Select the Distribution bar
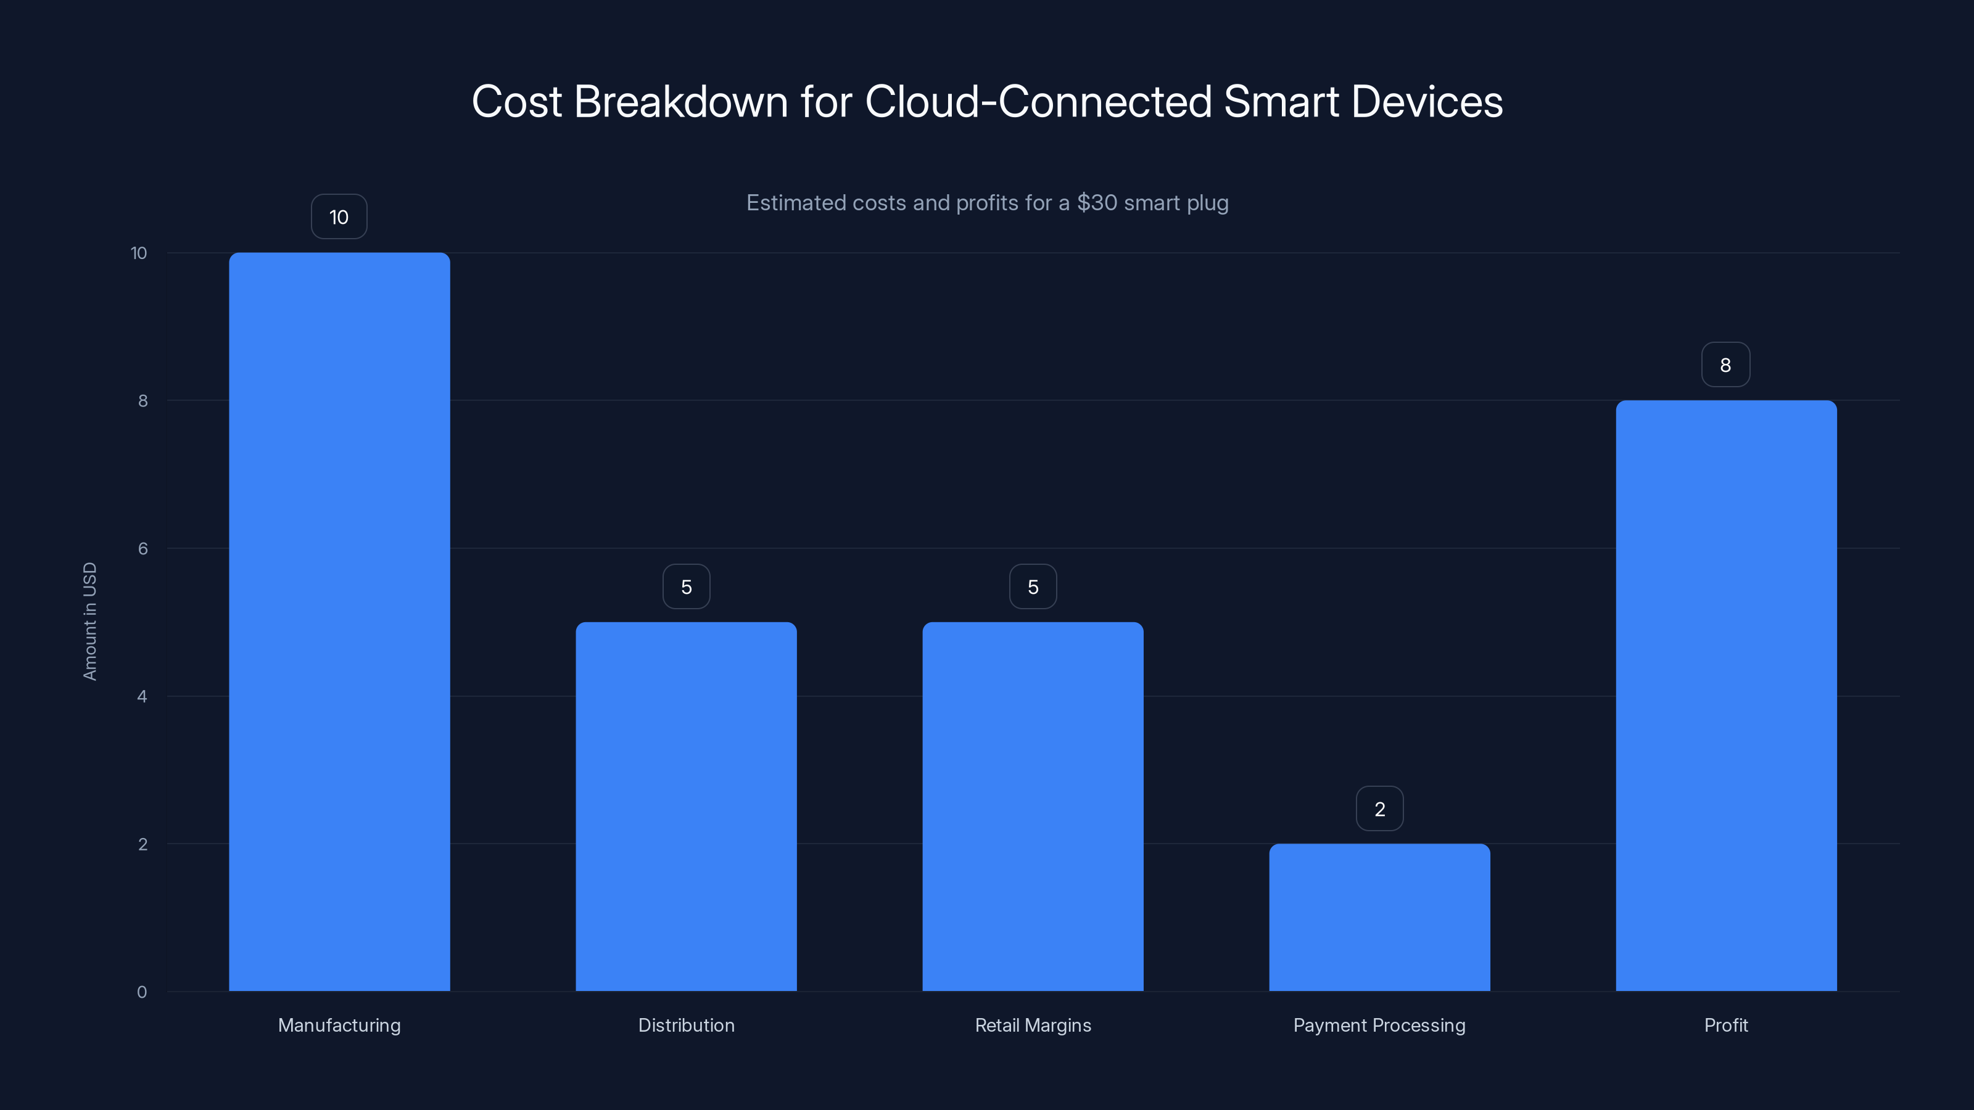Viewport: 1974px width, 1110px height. pos(686,806)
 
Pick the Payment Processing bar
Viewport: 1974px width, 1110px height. pos(1379,917)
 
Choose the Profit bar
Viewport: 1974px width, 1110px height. pos(1726,695)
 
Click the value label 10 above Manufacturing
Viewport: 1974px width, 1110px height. pos(339,217)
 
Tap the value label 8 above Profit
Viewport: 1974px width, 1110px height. pos(1725,364)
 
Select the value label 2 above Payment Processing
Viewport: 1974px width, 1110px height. pos(1379,809)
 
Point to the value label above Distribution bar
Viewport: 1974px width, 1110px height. pos(686,587)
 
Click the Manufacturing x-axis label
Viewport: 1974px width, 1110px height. pos(339,1025)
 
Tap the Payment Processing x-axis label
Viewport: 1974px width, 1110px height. pos(1379,1025)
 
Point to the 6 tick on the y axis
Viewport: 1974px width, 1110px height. pos(142,548)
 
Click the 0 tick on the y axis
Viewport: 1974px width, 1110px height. pos(142,992)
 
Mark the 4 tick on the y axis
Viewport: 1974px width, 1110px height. pos(142,696)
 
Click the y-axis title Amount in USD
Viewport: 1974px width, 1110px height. pos(89,621)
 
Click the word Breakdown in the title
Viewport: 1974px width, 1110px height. pos(680,102)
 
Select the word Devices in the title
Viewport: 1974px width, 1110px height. pos(1426,102)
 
